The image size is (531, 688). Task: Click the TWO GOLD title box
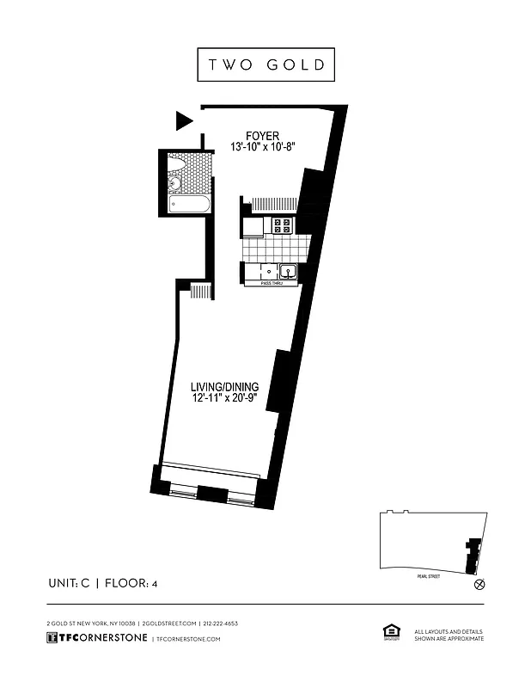pyautogui.click(x=265, y=65)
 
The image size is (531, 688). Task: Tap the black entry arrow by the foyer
pyautogui.click(x=184, y=120)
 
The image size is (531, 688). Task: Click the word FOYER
pyautogui.click(x=262, y=135)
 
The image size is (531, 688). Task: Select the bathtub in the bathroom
pyautogui.click(x=185, y=205)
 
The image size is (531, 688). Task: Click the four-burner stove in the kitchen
pyautogui.click(x=283, y=226)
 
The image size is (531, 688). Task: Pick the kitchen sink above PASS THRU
pyautogui.click(x=289, y=272)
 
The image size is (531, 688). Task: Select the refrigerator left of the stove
pyautogui.click(x=253, y=226)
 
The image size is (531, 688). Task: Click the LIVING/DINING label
pyautogui.click(x=224, y=387)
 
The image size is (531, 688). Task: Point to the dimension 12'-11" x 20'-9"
pyautogui.click(x=224, y=400)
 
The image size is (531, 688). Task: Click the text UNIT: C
pyautogui.click(x=70, y=584)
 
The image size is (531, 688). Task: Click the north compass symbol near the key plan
pyautogui.click(x=479, y=584)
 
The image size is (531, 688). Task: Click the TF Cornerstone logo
pyautogui.click(x=96, y=638)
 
